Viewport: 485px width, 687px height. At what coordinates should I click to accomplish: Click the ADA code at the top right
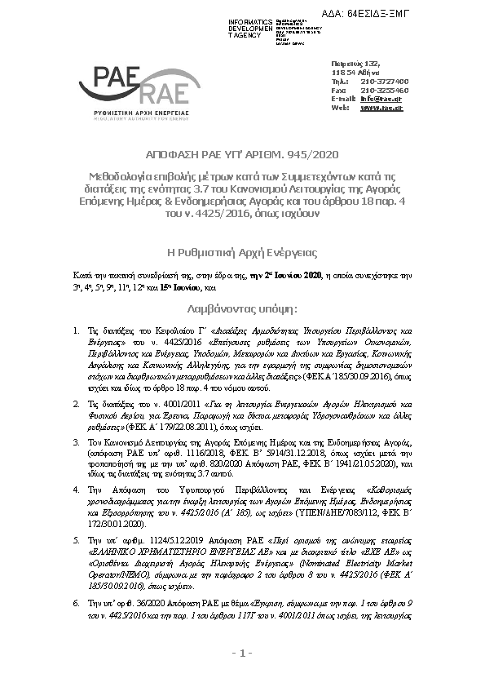[x=427, y=14]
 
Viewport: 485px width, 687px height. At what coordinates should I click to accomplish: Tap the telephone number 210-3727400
[x=385, y=82]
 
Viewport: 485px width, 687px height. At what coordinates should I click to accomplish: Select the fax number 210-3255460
[x=385, y=90]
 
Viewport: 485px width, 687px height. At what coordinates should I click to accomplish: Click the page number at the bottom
[x=242, y=653]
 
